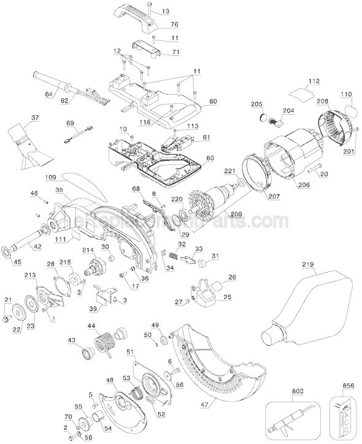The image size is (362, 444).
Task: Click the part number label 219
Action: point(308,265)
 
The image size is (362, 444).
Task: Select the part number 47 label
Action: point(204,405)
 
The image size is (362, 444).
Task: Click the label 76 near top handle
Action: point(174,25)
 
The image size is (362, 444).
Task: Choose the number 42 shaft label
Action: point(37,247)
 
